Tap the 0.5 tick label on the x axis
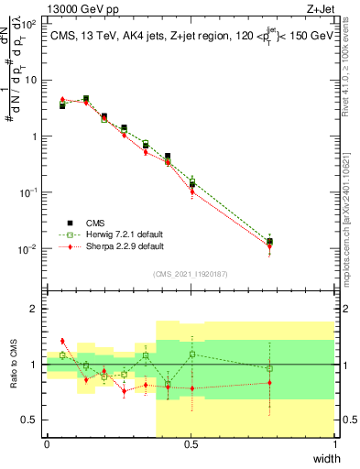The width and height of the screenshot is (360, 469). tap(191, 444)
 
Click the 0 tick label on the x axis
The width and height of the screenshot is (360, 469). tap(47, 444)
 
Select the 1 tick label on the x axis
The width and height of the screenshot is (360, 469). tap(335, 444)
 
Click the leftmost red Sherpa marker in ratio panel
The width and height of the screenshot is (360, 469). tap(62, 341)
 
